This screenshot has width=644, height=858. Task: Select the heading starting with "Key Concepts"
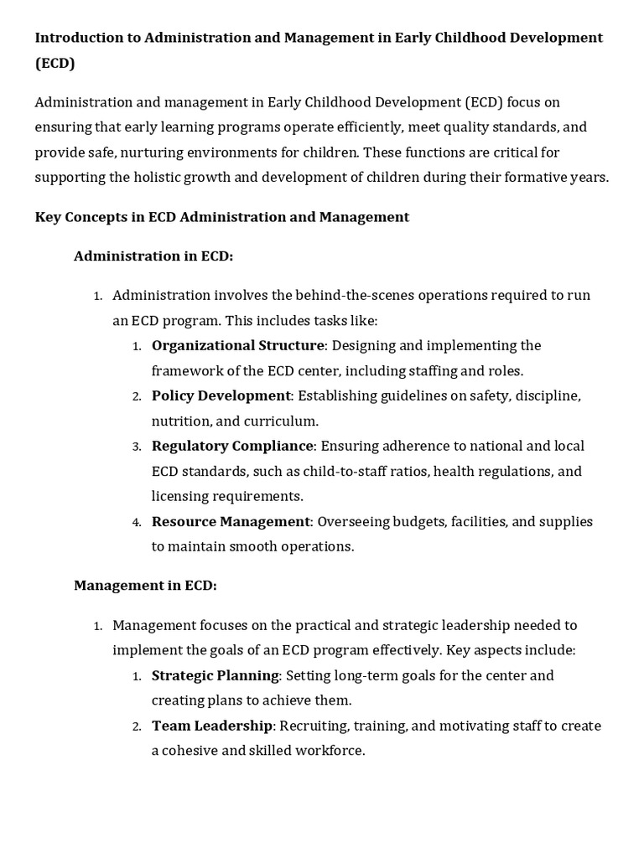point(221,217)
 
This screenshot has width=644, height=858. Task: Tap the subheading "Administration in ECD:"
point(153,256)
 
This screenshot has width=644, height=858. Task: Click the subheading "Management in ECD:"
point(145,586)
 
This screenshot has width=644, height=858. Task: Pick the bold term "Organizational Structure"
point(237,345)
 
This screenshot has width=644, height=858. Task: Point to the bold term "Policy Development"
point(221,395)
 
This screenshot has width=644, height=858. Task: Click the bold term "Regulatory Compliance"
point(232,446)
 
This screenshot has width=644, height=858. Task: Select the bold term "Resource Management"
point(231,521)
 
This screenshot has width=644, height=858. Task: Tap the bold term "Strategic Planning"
point(216,675)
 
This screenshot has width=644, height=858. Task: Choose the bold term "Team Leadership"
point(212,726)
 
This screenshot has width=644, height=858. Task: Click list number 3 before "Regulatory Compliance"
point(137,447)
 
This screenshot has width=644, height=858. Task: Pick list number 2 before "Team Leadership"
point(137,726)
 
